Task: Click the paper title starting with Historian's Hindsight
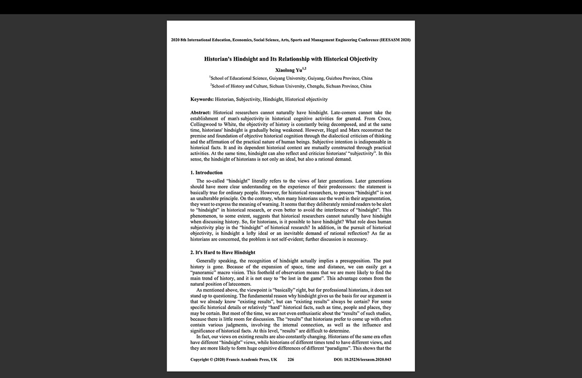(x=291, y=59)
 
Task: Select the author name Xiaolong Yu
(x=289, y=70)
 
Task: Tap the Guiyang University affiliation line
(x=291, y=78)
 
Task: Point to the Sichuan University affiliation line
(x=291, y=86)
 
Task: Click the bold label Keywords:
(x=202, y=99)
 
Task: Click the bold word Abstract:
(x=201, y=113)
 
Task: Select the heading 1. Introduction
(x=206, y=173)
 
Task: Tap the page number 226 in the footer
(x=291, y=359)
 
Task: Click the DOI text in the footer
(x=362, y=359)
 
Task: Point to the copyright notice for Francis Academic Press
(x=234, y=359)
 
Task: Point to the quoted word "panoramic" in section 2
(x=205, y=272)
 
